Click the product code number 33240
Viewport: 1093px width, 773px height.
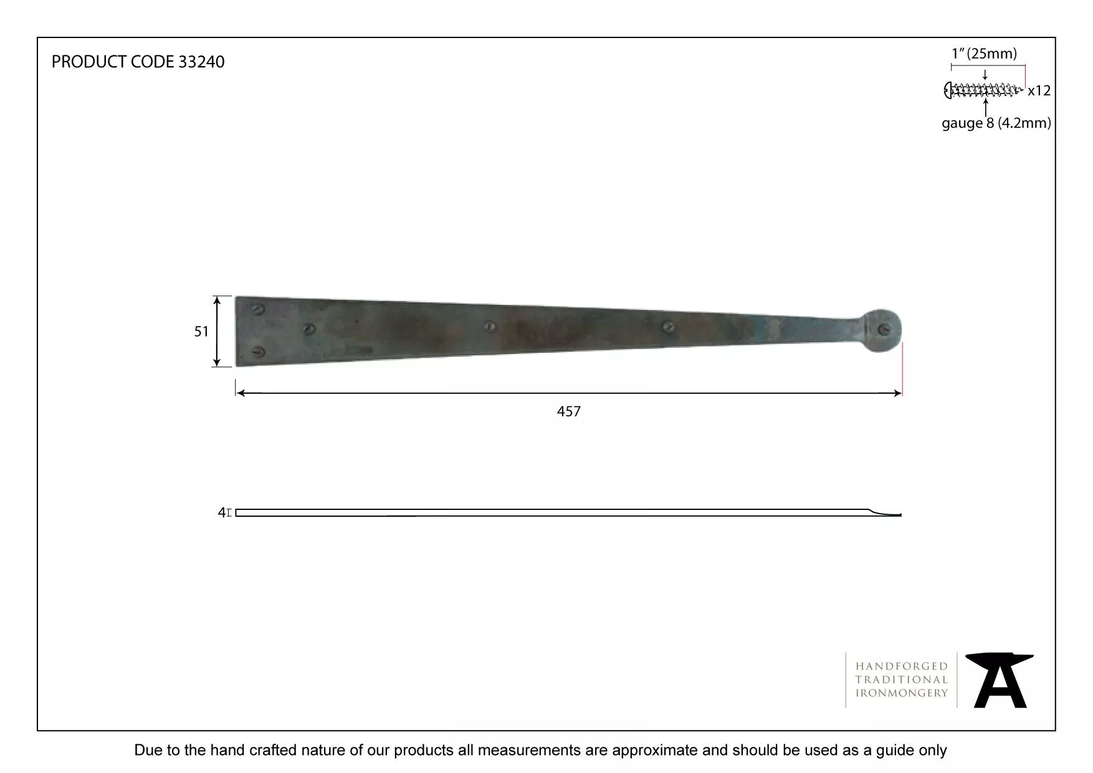coord(201,62)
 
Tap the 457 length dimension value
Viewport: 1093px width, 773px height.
coord(569,411)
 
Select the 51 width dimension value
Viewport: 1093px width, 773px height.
coord(201,332)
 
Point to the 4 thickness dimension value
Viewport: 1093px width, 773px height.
coord(221,512)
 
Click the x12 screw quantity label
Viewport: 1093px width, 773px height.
coord(1039,91)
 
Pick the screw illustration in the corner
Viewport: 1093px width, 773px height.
coord(983,90)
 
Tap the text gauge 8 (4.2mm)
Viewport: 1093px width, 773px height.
coord(996,123)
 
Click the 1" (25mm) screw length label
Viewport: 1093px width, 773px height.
coord(984,54)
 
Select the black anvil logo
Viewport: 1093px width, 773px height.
coord(1000,680)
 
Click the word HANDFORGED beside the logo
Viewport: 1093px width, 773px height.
coord(901,666)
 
